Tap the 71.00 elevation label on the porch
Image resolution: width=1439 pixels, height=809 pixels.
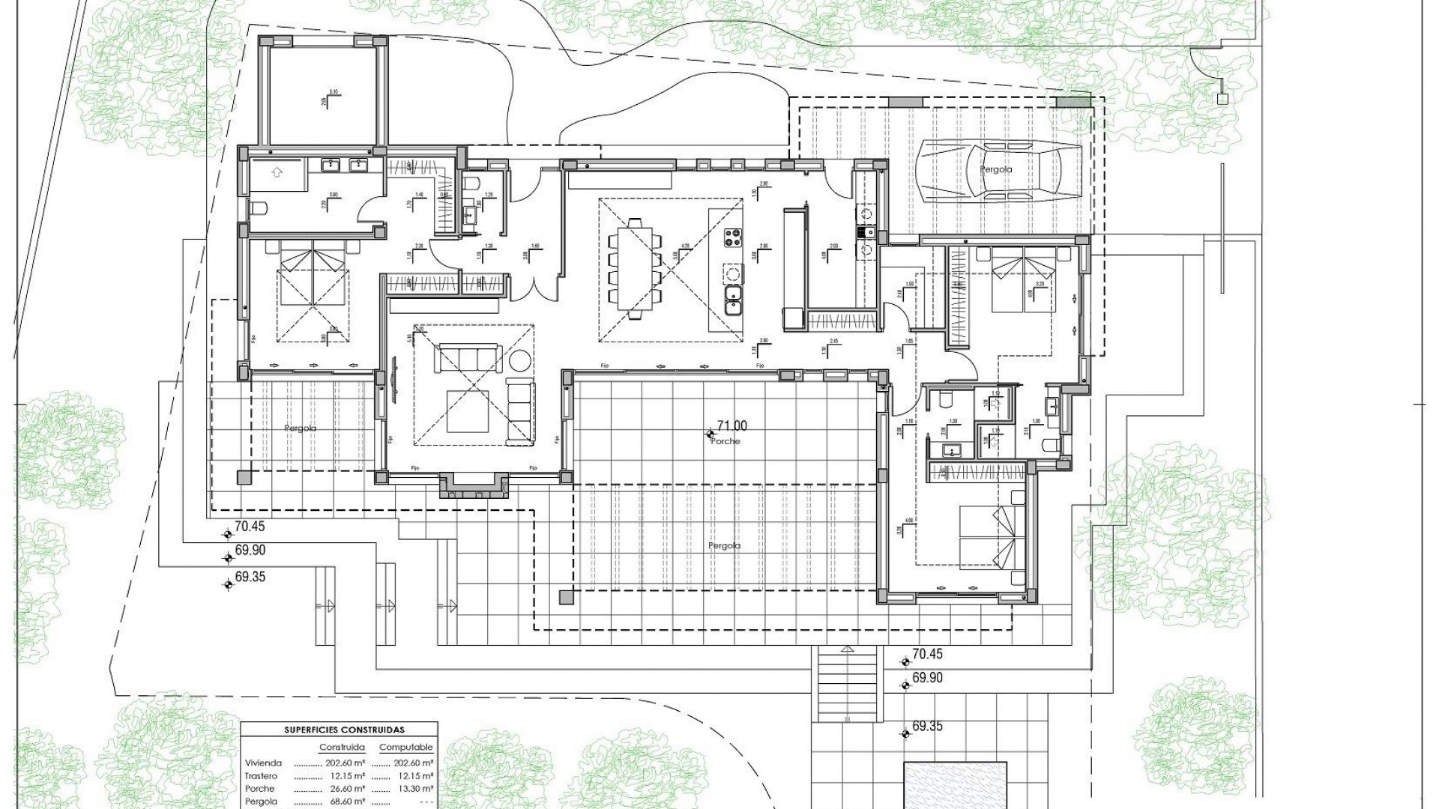[732, 426]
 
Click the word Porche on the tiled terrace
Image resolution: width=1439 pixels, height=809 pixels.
[726, 442]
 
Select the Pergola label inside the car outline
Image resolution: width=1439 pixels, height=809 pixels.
[996, 170]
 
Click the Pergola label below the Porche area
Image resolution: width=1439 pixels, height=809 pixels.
[724, 546]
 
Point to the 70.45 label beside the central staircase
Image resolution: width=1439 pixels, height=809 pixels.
[927, 654]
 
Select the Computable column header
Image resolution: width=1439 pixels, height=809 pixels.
[405, 748]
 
